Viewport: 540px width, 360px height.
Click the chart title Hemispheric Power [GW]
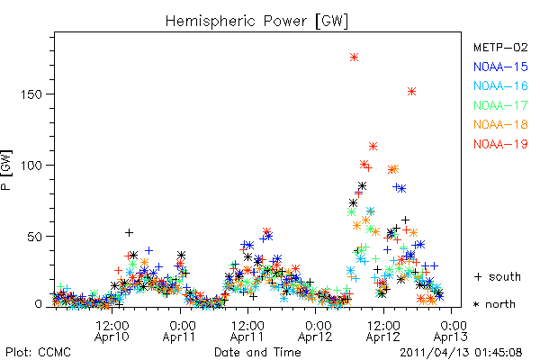[x=256, y=22]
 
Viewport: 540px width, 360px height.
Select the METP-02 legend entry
[x=500, y=47]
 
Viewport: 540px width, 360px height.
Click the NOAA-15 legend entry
[x=500, y=67]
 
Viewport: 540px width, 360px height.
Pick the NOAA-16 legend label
[x=500, y=85]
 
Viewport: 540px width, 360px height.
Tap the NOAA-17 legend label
[x=500, y=105]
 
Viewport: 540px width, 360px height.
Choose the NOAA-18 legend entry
[x=500, y=124]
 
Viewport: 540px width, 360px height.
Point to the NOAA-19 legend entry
[x=500, y=144]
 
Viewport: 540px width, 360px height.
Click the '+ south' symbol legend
[x=498, y=276]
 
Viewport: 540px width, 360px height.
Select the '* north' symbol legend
[x=494, y=304]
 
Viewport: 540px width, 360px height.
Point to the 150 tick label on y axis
[x=31, y=94]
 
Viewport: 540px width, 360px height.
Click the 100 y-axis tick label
[x=31, y=166]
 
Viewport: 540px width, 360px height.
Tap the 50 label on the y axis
[x=35, y=237]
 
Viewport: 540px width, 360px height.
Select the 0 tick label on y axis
[x=39, y=304]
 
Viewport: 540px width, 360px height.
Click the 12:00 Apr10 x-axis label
[x=112, y=330]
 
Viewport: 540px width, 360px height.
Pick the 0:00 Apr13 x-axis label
[x=451, y=330]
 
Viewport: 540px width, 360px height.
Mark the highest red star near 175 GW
[x=354, y=58]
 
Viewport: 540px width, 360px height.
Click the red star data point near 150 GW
[x=412, y=91]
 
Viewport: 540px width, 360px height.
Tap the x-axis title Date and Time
[x=257, y=352]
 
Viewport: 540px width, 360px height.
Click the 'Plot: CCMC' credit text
[x=38, y=352]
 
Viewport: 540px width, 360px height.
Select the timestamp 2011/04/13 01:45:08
[x=461, y=353]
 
